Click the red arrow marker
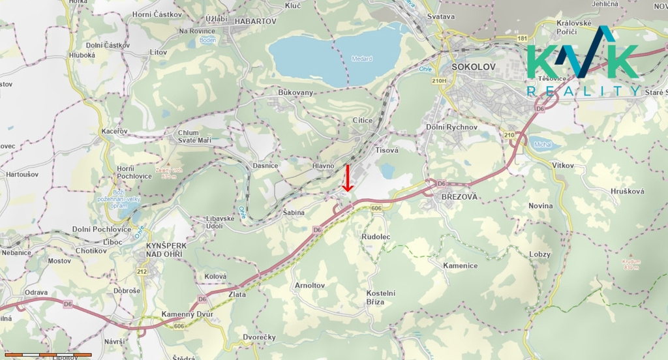tap(348, 178)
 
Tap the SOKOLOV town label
tap(474, 67)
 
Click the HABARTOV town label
tap(256, 21)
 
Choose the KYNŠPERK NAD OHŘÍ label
tap(166, 249)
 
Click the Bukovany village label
tap(296, 93)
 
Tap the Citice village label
tap(363, 121)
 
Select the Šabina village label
tap(294, 212)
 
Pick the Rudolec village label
tap(376, 236)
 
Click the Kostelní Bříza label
tap(381, 297)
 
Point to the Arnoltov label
tap(310, 286)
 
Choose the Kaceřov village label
tap(115, 131)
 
